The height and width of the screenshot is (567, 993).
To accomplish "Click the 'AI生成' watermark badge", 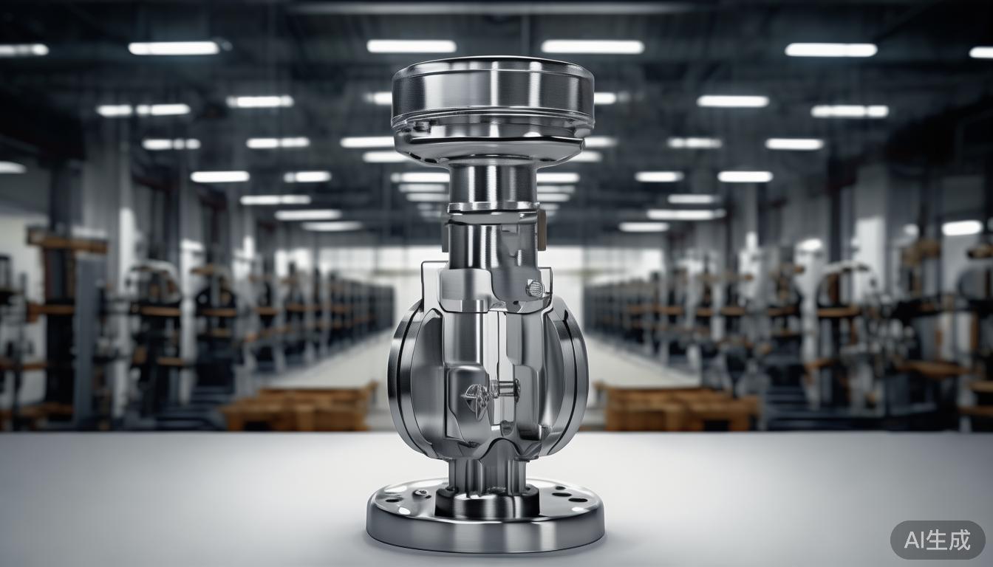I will tap(937, 540).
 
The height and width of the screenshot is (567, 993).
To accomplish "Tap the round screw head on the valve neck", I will tap(534, 288).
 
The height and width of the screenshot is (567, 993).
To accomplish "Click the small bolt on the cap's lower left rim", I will tap(422, 126).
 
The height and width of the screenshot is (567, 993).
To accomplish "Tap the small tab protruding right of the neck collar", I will tap(542, 218).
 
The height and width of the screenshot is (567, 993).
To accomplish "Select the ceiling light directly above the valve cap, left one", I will tap(411, 47).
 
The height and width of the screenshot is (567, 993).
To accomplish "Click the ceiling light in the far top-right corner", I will tap(981, 52).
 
